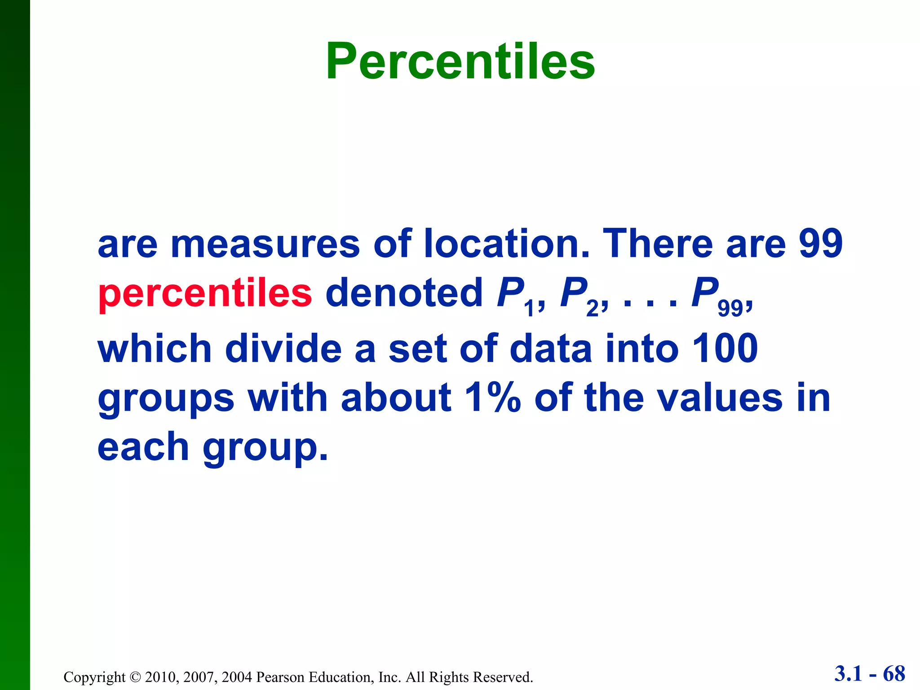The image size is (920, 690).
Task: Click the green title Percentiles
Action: tap(460, 61)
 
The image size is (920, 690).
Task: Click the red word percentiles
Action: tap(205, 293)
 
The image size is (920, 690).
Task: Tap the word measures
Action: tap(265, 244)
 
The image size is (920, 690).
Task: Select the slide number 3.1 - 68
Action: tap(870, 674)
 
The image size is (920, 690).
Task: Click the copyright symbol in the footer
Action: tap(135, 677)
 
